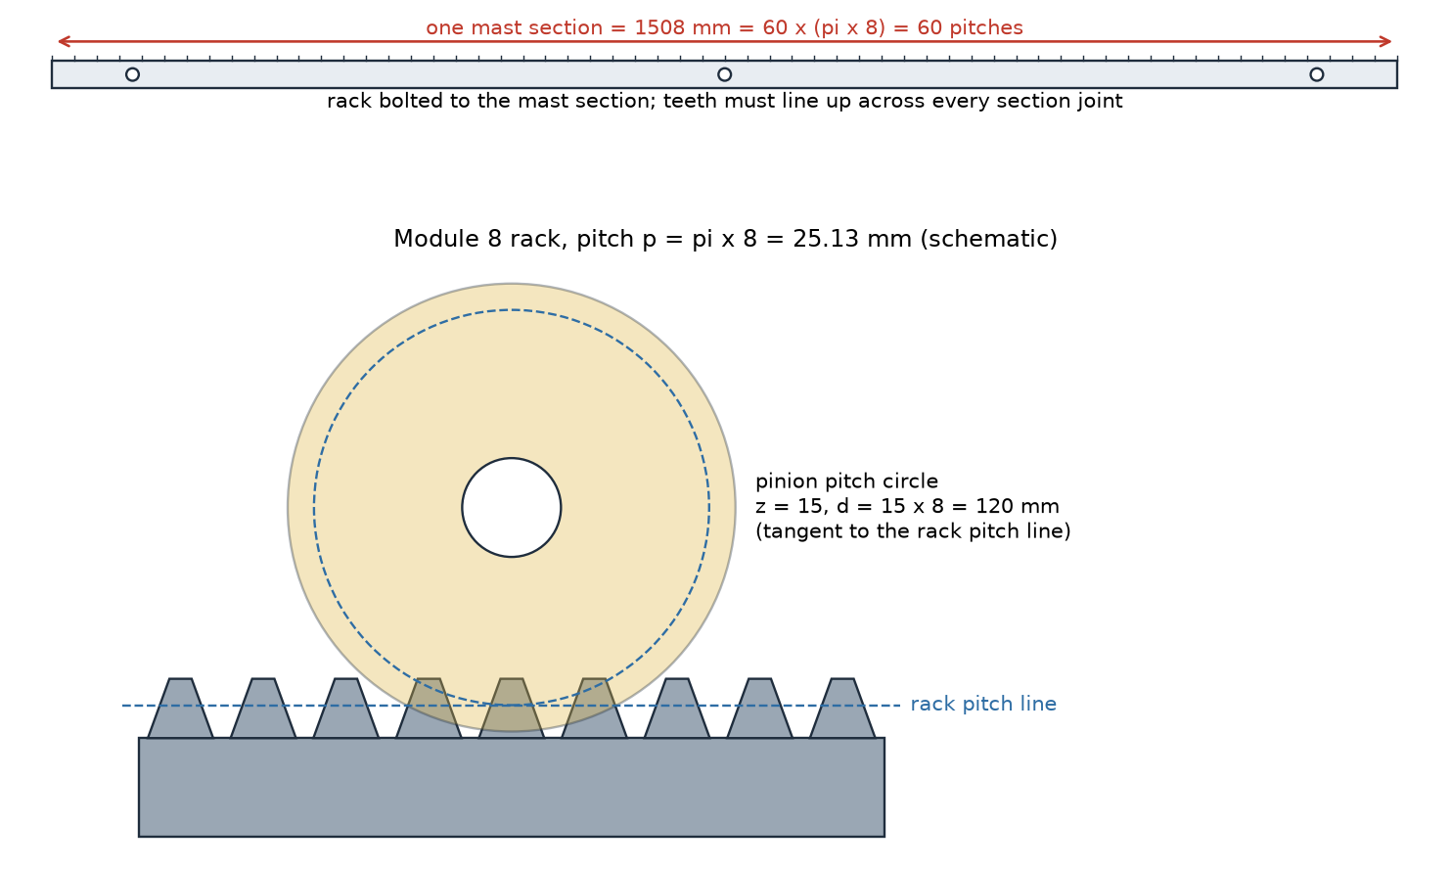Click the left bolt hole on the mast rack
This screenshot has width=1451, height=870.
(x=132, y=74)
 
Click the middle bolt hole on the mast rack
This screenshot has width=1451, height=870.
(x=724, y=74)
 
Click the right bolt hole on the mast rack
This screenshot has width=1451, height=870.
(x=1316, y=74)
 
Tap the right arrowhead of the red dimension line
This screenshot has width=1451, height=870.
(x=1384, y=41)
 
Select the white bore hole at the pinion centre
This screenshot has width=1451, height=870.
(x=511, y=507)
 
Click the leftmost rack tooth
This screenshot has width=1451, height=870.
(x=180, y=709)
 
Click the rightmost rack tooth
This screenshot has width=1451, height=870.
(x=842, y=709)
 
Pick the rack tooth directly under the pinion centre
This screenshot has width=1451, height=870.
(x=511, y=709)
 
